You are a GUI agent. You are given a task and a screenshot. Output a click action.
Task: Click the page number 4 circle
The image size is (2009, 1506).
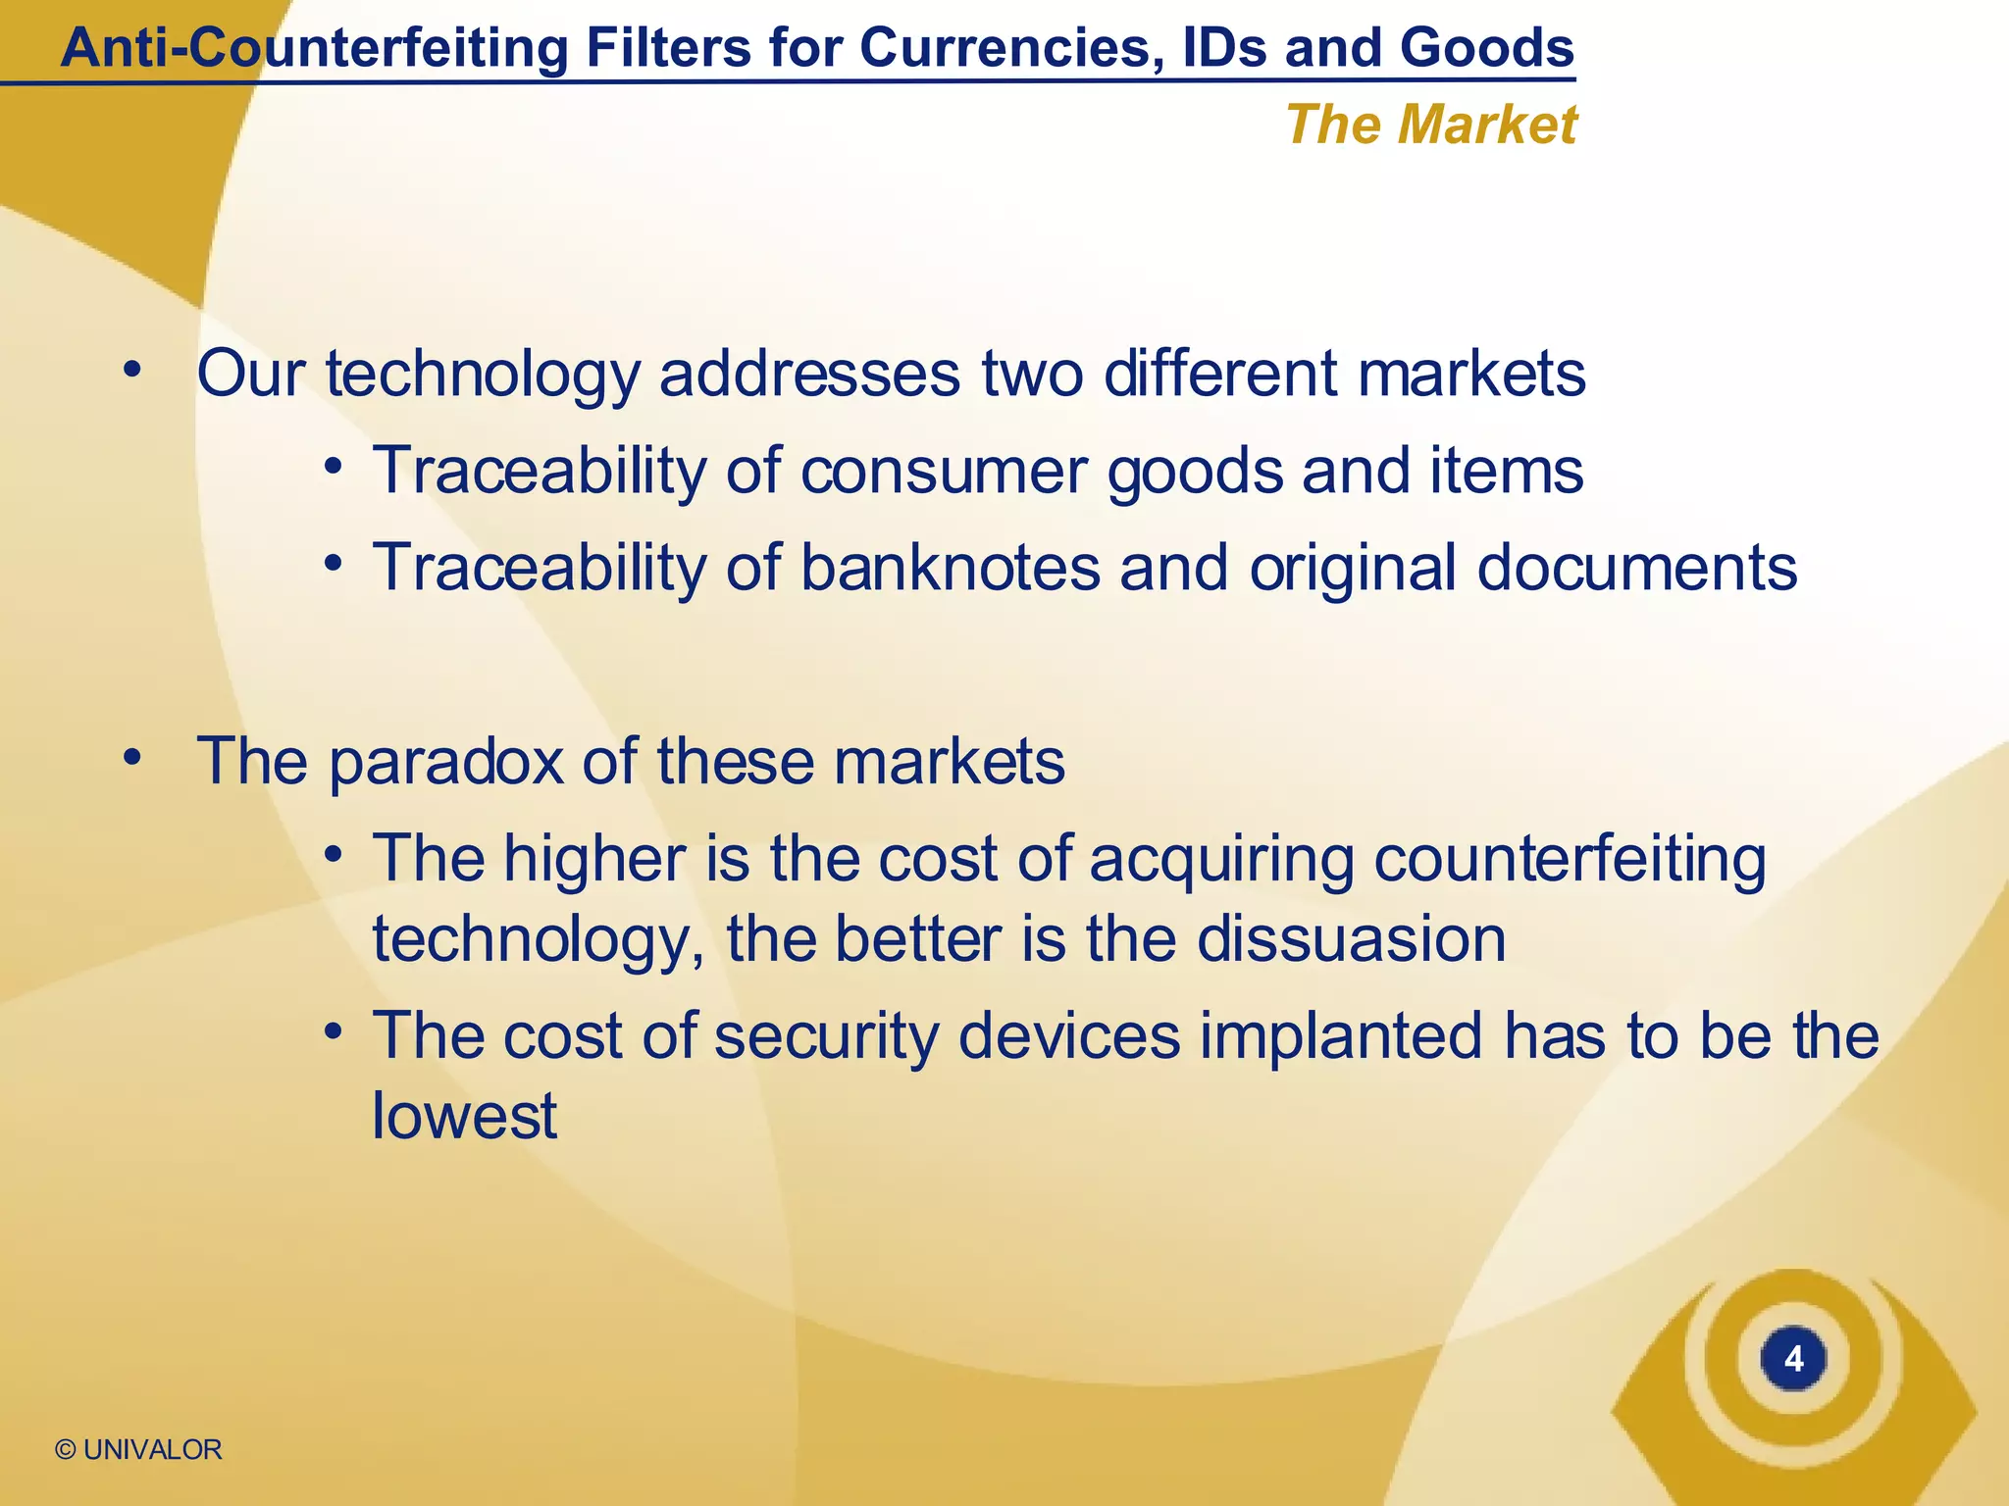coord(1793,1359)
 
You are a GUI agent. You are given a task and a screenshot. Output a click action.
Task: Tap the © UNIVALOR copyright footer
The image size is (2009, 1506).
coord(138,1449)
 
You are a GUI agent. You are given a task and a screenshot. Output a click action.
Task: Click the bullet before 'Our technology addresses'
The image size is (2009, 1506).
coord(132,372)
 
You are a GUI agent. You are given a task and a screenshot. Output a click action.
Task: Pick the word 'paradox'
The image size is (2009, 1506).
coord(446,763)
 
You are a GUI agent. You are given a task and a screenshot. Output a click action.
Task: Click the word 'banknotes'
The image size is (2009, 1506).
coord(951,568)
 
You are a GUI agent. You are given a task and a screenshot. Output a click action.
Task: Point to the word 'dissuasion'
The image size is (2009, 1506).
coord(1351,938)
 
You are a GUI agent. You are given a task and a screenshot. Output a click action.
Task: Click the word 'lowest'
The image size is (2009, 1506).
coord(464,1116)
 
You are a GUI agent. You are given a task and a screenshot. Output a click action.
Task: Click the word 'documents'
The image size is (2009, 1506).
coord(1636,568)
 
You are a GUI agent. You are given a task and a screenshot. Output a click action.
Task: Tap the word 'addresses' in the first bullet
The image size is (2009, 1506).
coord(809,374)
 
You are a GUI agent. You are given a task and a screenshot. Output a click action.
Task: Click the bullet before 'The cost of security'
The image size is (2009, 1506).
coord(334,1031)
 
